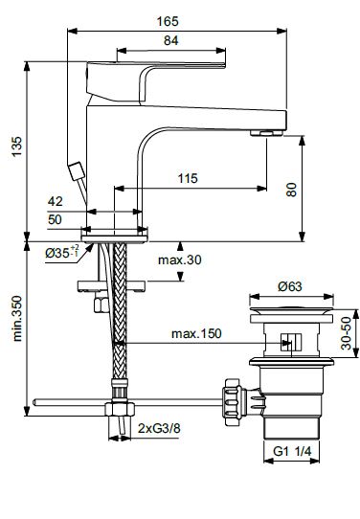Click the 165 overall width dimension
(168, 21)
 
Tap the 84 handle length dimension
(171, 41)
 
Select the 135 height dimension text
(16, 146)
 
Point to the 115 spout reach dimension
(188, 178)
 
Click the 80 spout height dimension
(291, 190)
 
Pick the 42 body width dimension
(55, 201)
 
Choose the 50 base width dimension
(55, 219)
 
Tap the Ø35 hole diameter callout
(62, 253)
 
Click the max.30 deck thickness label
(180, 259)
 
